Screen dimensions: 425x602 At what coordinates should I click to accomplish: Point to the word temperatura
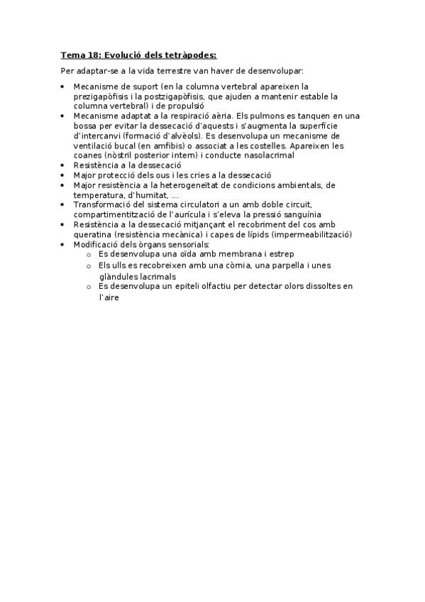[x=97, y=195]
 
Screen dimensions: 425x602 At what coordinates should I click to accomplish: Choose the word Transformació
[x=103, y=204]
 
